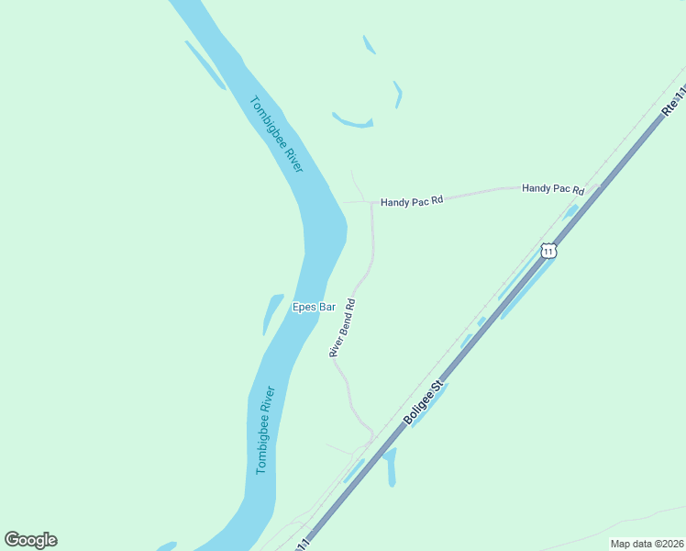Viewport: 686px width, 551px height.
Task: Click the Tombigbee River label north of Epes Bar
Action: click(277, 138)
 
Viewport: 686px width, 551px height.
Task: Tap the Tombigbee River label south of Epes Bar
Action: click(265, 429)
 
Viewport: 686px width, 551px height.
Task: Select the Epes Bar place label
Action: click(314, 308)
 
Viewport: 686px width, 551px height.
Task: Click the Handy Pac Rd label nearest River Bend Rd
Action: click(412, 200)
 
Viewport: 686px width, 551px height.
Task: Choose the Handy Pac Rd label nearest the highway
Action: click(553, 188)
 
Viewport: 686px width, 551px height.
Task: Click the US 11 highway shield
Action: click(548, 250)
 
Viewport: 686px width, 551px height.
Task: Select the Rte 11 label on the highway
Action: click(673, 100)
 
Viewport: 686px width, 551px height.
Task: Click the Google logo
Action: click(30, 540)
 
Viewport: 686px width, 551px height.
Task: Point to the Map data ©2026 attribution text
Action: click(646, 544)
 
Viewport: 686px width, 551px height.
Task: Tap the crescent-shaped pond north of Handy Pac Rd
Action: click(352, 122)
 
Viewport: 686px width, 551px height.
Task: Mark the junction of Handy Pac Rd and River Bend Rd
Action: click(371, 203)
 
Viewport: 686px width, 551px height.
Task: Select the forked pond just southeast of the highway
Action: click(391, 465)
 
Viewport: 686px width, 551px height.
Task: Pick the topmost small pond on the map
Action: click(369, 44)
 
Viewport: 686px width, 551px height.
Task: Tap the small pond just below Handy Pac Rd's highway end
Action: click(570, 211)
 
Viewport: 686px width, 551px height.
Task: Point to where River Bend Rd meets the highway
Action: click(372, 434)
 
